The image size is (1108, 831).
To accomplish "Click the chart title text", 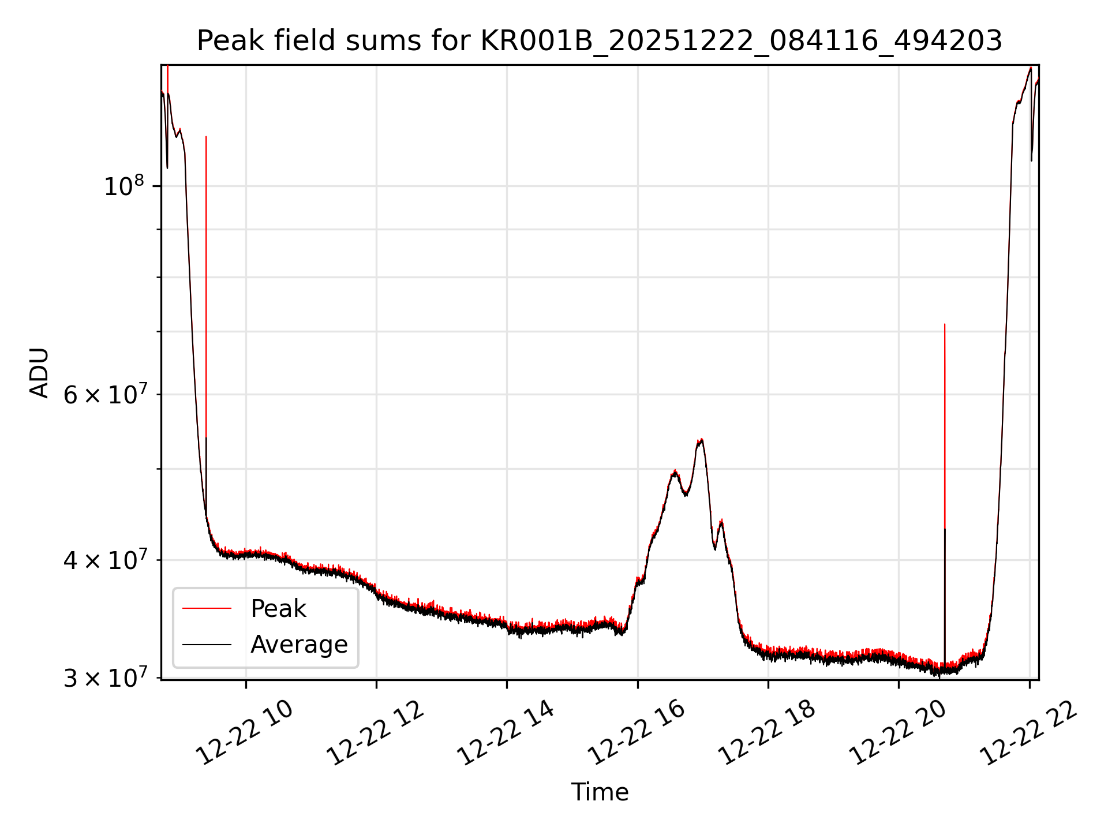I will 599,42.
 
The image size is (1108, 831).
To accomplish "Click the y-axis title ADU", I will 39,372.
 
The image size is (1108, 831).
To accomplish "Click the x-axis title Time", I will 600,792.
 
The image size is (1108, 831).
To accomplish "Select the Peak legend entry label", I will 278,608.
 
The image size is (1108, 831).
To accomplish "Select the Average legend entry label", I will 299,644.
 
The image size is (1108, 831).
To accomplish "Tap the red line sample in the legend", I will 207,608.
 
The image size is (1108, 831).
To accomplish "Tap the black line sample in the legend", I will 207,644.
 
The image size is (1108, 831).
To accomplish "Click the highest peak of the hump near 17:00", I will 701,440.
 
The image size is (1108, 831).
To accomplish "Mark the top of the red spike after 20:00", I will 944,325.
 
